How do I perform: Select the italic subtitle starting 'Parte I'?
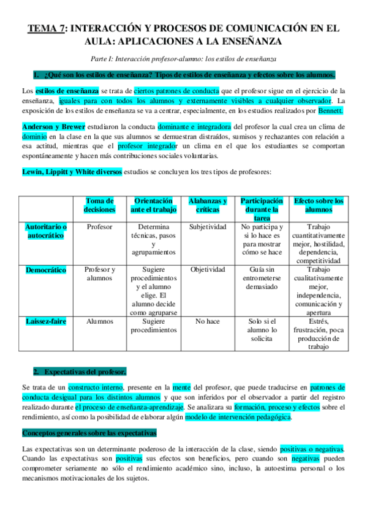pos(183,59)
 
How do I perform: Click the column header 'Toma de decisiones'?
pos(99,205)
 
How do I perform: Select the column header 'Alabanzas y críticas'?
pos(207,205)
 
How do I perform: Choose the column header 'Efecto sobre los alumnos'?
pos(319,205)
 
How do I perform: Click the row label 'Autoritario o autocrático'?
pos(46,231)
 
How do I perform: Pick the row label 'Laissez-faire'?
pos(46,321)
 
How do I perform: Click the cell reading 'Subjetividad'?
pos(207,227)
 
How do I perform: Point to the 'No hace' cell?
pos(207,321)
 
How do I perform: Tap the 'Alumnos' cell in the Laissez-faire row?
pos(99,321)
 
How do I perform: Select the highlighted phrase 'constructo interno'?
pos(96,387)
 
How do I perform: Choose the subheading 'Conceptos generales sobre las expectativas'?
pos(89,433)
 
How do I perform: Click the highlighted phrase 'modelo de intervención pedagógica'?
pos(238,418)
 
